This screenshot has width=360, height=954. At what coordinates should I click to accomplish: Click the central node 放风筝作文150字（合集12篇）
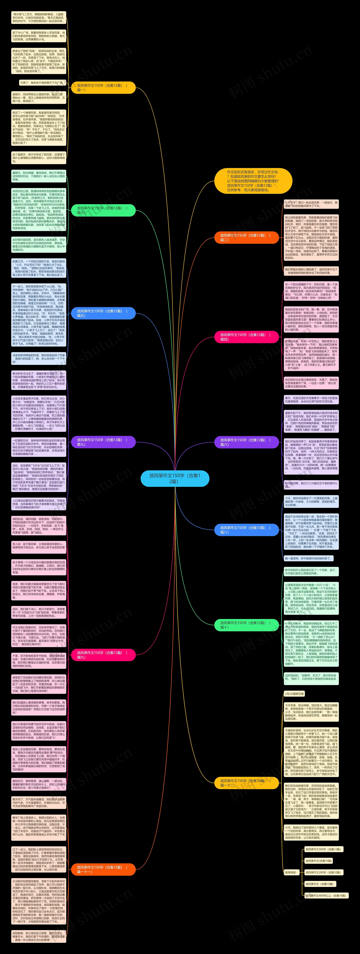pyautogui.click(x=175, y=478)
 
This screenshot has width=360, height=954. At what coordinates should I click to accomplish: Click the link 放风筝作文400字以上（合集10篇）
pyautogui.click(x=326, y=896)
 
